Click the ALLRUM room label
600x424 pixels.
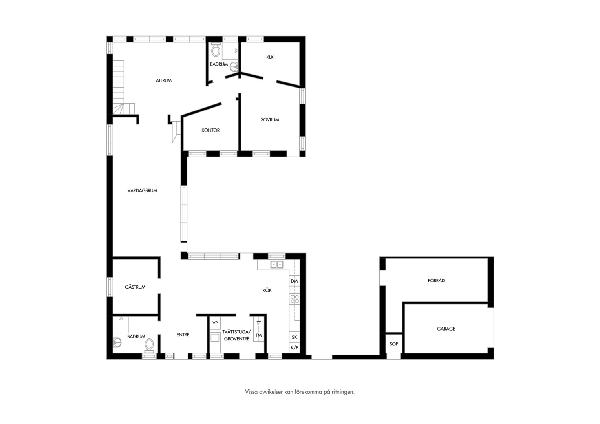click(x=164, y=80)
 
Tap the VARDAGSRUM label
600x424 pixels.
click(x=142, y=191)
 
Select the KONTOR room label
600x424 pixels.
click(x=210, y=130)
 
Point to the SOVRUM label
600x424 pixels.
click(x=270, y=120)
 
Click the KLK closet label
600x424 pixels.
click(x=270, y=57)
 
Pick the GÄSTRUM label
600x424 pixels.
click(x=135, y=287)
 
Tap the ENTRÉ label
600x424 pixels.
click(x=183, y=334)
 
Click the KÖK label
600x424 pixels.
click(x=267, y=290)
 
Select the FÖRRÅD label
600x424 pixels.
click(x=436, y=280)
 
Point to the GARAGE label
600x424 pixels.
click(x=446, y=329)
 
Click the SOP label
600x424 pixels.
click(x=394, y=344)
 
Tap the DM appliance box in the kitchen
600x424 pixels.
click(x=295, y=281)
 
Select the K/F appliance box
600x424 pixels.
click(x=295, y=348)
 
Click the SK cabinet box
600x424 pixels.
click(x=295, y=337)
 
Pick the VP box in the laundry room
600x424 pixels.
click(x=215, y=323)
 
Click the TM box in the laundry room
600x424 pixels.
click(x=259, y=335)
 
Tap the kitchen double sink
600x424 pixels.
click(x=277, y=265)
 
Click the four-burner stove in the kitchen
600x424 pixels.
click(x=295, y=299)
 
